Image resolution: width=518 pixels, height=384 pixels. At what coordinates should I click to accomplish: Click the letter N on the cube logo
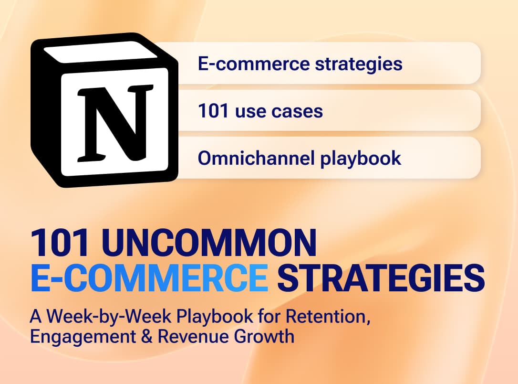115,123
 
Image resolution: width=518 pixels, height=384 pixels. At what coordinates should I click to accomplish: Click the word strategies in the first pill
358,64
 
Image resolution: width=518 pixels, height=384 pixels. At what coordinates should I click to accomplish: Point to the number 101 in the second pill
213,111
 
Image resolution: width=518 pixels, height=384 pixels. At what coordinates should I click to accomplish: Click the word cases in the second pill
297,111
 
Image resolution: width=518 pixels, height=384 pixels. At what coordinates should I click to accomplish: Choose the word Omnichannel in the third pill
256,158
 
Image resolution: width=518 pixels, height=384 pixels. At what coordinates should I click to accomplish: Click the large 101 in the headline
60,243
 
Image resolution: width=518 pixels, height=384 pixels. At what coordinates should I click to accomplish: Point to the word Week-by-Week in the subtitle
109,317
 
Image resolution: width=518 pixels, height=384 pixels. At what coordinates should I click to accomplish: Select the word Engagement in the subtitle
83,337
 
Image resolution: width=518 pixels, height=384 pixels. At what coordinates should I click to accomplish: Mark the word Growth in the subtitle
264,336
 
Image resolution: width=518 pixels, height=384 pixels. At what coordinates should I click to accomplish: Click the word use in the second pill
250,112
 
